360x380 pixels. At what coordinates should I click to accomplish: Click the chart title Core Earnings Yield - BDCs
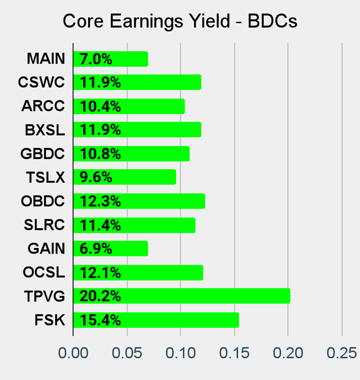click(x=180, y=21)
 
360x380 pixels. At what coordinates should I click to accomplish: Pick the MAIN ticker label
click(x=46, y=58)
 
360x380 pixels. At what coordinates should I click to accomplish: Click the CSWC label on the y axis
click(x=41, y=82)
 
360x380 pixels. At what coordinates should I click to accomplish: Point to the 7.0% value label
click(x=96, y=58)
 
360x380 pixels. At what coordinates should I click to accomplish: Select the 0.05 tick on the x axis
click(x=127, y=353)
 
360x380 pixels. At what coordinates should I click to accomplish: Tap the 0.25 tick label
click(x=341, y=353)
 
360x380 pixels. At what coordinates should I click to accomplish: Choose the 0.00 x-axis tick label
click(x=73, y=353)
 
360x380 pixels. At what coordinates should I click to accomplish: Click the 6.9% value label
click(x=96, y=248)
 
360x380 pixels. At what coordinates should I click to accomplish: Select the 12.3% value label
click(x=100, y=201)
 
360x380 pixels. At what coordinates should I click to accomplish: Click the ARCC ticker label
click(x=43, y=106)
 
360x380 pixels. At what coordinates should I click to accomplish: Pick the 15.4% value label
click(x=100, y=320)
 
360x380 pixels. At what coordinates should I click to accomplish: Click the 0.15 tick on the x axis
click(x=234, y=353)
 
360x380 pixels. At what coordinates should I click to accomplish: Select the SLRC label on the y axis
click(x=44, y=225)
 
